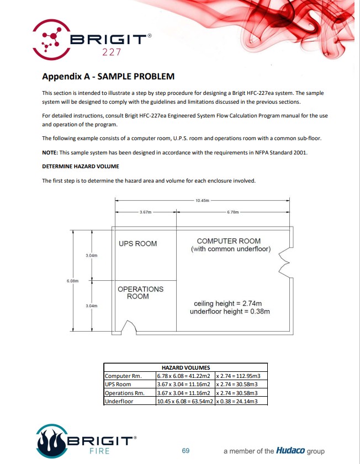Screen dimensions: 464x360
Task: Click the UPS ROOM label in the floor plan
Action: [x=138, y=243]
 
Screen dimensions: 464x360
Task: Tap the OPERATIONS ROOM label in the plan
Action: [x=140, y=292]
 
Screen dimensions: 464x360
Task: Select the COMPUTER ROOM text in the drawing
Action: [x=229, y=241]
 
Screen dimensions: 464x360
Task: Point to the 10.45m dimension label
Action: [x=203, y=201]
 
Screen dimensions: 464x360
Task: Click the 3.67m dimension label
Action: [x=145, y=211]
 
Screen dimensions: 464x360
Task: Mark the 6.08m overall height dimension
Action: [x=73, y=281]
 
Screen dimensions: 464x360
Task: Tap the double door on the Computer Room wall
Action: [x=285, y=262]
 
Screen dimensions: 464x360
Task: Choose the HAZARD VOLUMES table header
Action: [x=186, y=367]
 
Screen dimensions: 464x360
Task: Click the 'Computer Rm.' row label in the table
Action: [x=123, y=376]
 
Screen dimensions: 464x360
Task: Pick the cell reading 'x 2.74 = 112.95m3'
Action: [x=239, y=376]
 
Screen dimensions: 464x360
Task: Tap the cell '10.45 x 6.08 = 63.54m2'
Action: [x=184, y=401]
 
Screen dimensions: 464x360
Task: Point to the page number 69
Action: [x=186, y=451]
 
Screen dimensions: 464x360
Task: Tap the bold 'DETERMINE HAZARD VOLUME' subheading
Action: [x=81, y=166]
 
